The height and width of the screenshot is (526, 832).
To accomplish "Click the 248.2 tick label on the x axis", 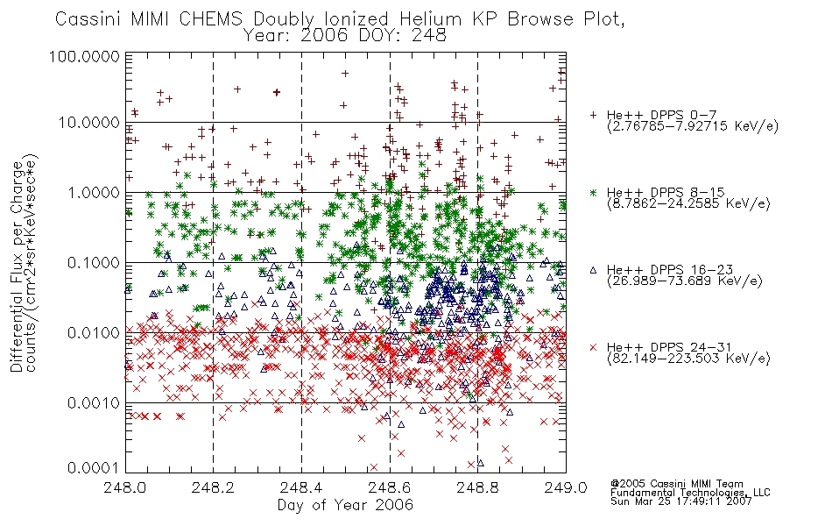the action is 214,487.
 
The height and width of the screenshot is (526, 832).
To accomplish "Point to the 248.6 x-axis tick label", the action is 390,487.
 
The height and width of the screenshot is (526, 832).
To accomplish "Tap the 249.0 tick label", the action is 566,487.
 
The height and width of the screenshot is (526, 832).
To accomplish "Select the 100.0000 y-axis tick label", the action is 84,56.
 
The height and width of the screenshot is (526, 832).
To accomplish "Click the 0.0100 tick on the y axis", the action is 93,333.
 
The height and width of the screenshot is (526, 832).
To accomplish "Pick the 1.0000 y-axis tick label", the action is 93,192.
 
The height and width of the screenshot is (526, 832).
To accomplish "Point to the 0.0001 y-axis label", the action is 93,468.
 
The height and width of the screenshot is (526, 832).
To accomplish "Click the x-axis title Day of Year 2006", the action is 345,505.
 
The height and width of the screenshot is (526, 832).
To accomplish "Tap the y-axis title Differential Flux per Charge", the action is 17,267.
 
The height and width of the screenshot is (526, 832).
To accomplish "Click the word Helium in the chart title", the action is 430,19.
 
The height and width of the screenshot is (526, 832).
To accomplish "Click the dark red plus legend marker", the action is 594,115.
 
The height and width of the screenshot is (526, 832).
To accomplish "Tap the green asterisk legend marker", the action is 594,192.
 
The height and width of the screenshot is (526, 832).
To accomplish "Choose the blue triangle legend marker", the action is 594,270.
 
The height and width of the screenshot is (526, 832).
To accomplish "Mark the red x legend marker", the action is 594,347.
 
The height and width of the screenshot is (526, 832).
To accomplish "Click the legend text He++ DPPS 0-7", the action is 662,116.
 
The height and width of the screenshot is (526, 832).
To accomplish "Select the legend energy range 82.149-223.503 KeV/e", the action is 688,359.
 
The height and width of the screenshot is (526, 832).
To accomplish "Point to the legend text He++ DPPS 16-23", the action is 670,270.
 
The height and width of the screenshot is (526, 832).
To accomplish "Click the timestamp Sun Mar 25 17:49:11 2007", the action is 681,501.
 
